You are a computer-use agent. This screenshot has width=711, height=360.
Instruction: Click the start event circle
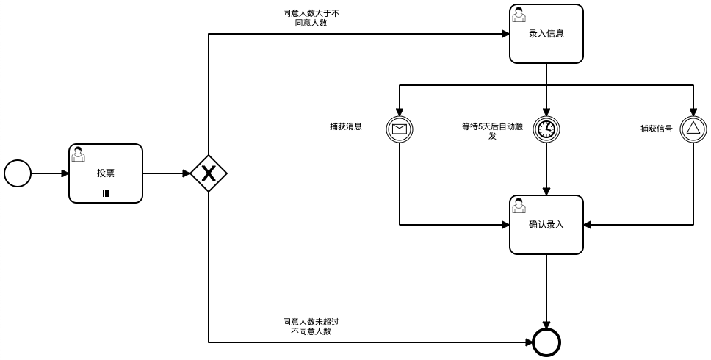pyautogui.click(x=18, y=173)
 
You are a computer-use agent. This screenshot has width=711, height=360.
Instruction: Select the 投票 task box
pyautogui.click(x=106, y=173)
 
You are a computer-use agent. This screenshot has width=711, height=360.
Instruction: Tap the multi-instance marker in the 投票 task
pyautogui.click(x=106, y=193)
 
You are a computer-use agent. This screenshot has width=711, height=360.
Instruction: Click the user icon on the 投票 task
pyautogui.click(x=78, y=154)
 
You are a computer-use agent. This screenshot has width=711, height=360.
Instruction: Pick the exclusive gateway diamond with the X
pyautogui.click(x=209, y=173)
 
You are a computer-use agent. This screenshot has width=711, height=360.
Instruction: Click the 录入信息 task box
pyautogui.click(x=546, y=34)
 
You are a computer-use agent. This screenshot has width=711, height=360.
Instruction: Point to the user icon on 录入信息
pyautogui.click(x=519, y=14)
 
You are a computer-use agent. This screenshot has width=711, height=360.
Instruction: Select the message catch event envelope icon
pyautogui.click(x=400, y=129)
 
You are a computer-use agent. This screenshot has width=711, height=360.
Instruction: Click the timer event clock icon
pyautogui.click(x=546, y=129)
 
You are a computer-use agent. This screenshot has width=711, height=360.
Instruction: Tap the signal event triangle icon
pyautogui.click(x=693, y=129)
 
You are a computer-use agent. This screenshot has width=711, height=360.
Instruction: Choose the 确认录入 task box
pyautogui.click(x=546, y=225)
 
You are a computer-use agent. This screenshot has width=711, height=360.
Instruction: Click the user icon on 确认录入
pyautogui.click(x=519, y=205)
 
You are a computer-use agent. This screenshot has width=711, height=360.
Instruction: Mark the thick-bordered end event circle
pyautogui.click(x=546, y=342)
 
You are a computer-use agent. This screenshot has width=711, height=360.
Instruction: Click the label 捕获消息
pyautogui.click(x=346, y=126)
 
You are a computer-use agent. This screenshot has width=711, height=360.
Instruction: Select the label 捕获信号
pyautogui.click(x=656, y=129)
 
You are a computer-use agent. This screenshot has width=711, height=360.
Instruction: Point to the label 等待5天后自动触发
pyautogui.click(x=492, y=131)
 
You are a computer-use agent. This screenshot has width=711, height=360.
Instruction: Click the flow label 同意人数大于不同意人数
pyautogui.click(x=311, y=18)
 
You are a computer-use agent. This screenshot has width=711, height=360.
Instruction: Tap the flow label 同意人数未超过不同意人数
pyautogui.click(x=311, y=327)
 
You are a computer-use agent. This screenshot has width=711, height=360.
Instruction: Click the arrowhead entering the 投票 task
pyautogui.click(x=65, y=173)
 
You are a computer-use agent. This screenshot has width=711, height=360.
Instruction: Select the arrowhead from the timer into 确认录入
pyautogui.click(x=546, y=191)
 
